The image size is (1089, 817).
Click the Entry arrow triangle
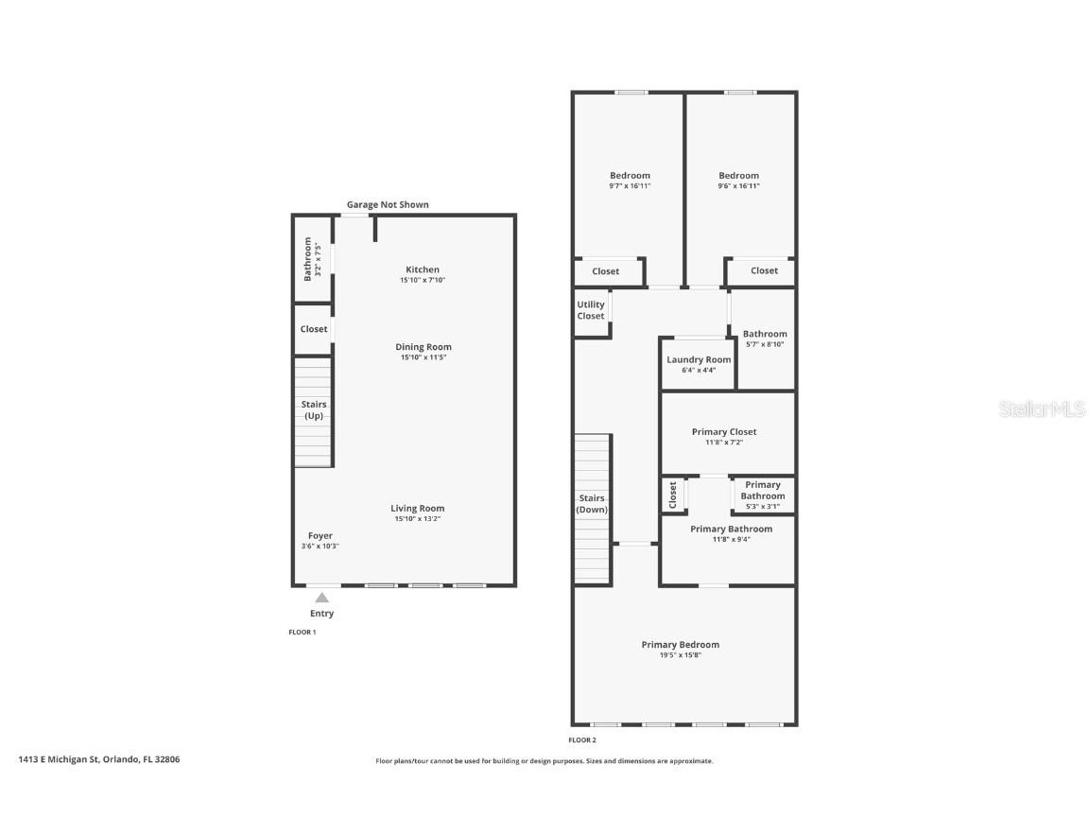tap(321, 598)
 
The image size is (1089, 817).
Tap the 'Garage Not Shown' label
tap(388, 204)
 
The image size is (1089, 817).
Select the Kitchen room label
tap(422, 269)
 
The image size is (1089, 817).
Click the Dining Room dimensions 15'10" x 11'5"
tap(423, 357)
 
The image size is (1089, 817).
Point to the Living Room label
tap(417, 508)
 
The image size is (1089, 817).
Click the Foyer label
tap(320, 535)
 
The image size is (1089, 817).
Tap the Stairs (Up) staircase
tap(314, 411)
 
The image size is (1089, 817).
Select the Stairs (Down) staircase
tap(592, 509)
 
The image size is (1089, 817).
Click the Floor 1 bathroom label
tap(307, 259)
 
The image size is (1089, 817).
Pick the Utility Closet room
tap(591, 310)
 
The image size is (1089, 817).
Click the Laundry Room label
tap(699, 359)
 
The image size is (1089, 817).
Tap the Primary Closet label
tap(724, 431)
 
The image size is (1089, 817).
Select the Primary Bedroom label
tap(680, 645)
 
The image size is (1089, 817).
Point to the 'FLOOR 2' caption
tap(581, 740)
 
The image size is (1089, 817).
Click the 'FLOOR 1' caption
tap(302, 632)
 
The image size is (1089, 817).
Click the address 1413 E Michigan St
tap(98, 758)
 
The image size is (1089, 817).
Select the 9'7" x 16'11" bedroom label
tap(630, 176)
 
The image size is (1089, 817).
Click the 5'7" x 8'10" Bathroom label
tap(764, 334)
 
